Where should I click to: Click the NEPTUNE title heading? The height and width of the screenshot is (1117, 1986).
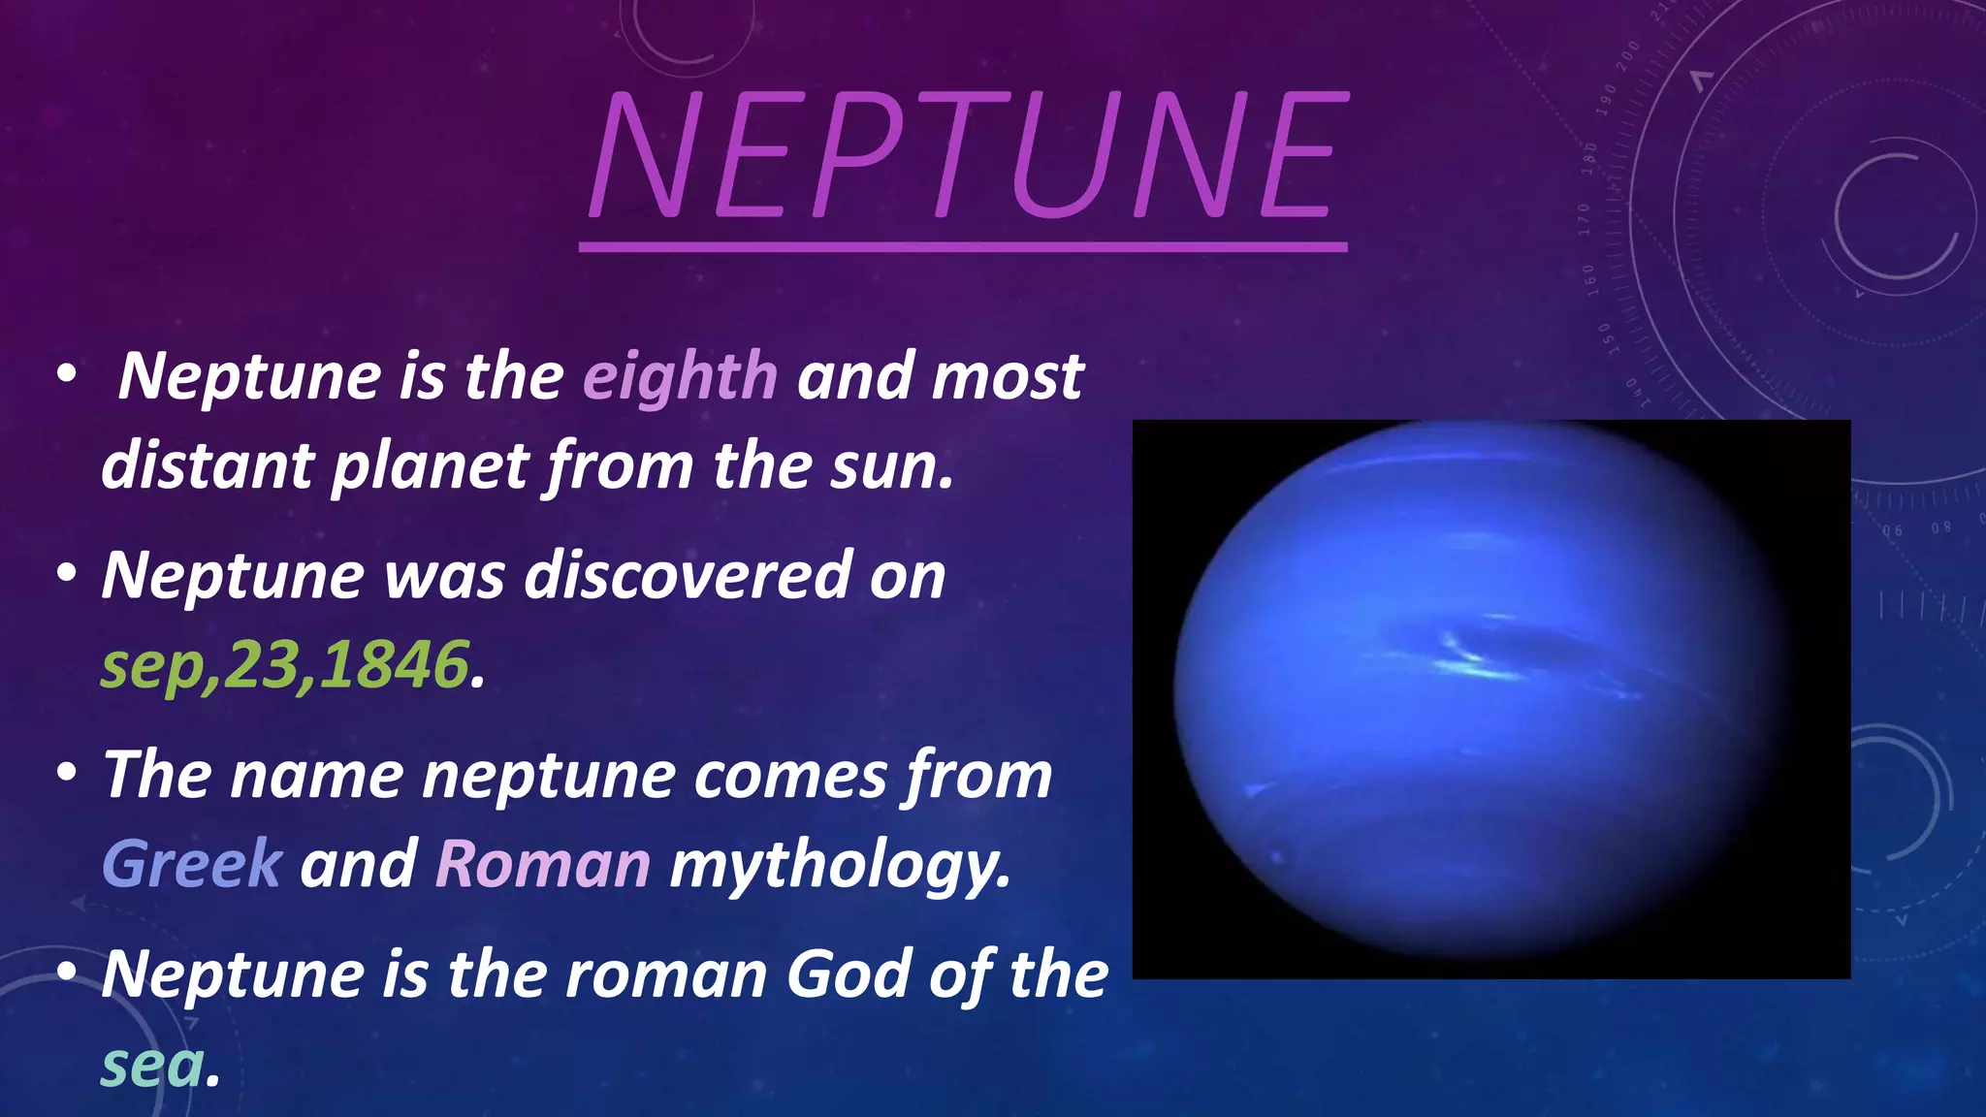(967, 155)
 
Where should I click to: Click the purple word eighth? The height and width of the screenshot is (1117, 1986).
(680, 376)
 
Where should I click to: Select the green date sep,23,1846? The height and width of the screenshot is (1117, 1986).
(284, 665)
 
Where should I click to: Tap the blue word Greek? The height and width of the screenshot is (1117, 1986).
(192, 864)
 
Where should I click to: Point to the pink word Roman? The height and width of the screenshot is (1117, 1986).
(543, 864)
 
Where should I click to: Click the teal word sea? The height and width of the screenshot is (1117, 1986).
(153, 1065)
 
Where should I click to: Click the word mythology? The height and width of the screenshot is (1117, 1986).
(840, 864)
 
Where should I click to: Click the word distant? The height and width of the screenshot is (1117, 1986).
(207, 466)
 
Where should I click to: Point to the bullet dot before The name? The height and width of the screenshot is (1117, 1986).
(66, 774)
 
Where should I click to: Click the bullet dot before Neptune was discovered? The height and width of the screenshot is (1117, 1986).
(66, 574)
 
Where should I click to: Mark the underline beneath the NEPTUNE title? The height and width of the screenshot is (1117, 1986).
(963, 248)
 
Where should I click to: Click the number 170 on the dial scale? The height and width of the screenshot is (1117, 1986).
(1584, 219)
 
